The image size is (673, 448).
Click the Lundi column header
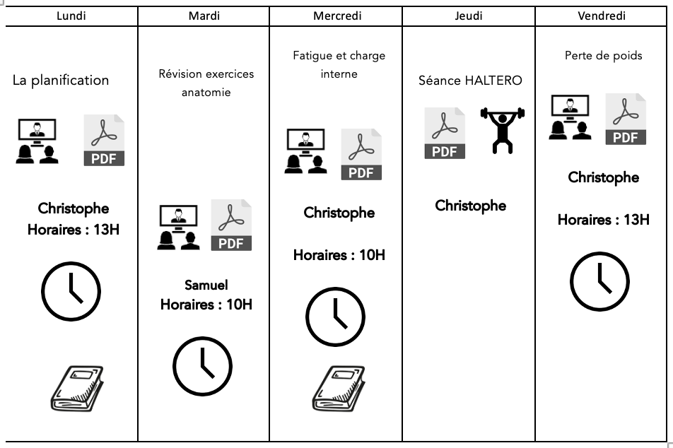[x=71, y=16]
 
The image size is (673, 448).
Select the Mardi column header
[x=204, y=16]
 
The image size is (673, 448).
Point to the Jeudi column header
[x=469, y=16]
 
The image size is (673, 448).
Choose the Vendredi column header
[x=602, y=16]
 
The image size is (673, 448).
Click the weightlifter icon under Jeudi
[x=503, y=130]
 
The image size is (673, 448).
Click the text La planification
[x=61, y=80]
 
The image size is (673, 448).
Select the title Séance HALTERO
[x=471, y=81]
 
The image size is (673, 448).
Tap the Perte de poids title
[x=604, y=56]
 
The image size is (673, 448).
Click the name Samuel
[x=206, y=285]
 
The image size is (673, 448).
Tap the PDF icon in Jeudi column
[x=445, y=133]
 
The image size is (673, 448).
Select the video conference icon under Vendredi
[x=571, y=118]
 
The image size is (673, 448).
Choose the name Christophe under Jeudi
[x=471, y=206]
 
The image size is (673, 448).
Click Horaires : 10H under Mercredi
[x=339, y=255]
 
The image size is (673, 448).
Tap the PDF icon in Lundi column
[x=104, y=140]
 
